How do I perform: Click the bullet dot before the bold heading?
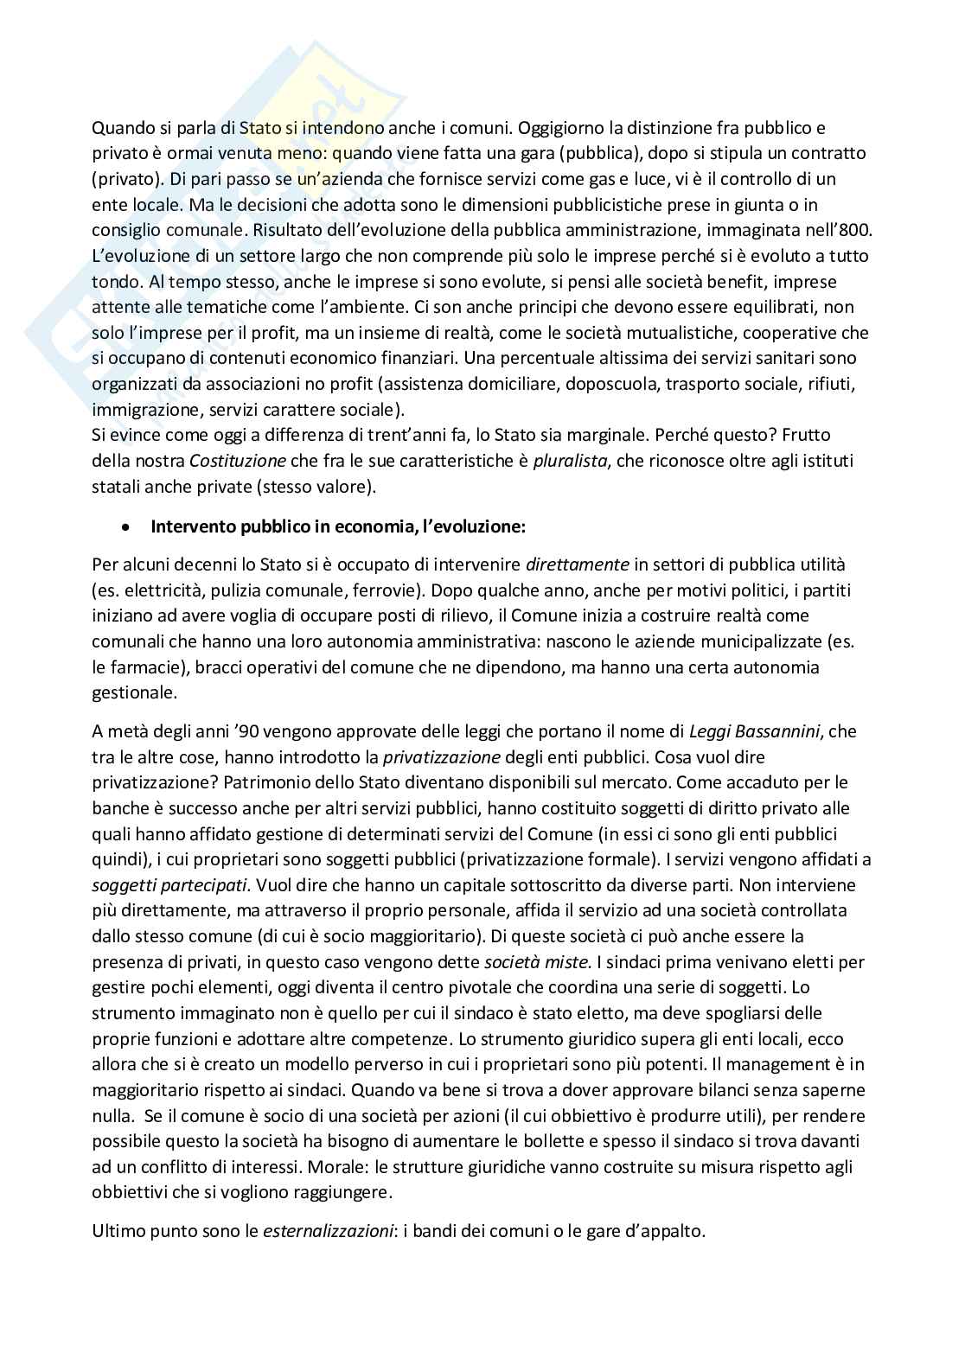pyautogui.click(x=126, y=526)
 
